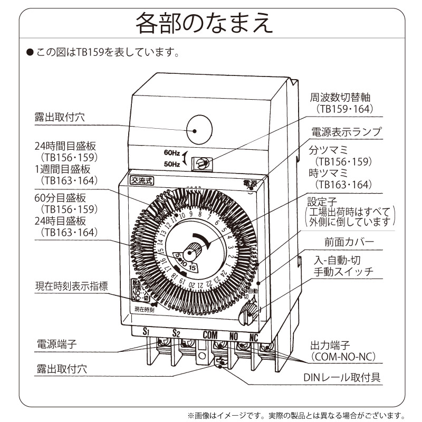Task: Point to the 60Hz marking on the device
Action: pos(172,153)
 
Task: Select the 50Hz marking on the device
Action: pos(172,164)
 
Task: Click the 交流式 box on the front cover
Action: pos(142,180)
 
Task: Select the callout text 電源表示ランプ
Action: pos(346,132)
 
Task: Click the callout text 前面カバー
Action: pos(349,242)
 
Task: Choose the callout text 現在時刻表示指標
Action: pos(71,286)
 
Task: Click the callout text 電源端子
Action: pos(56,344)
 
